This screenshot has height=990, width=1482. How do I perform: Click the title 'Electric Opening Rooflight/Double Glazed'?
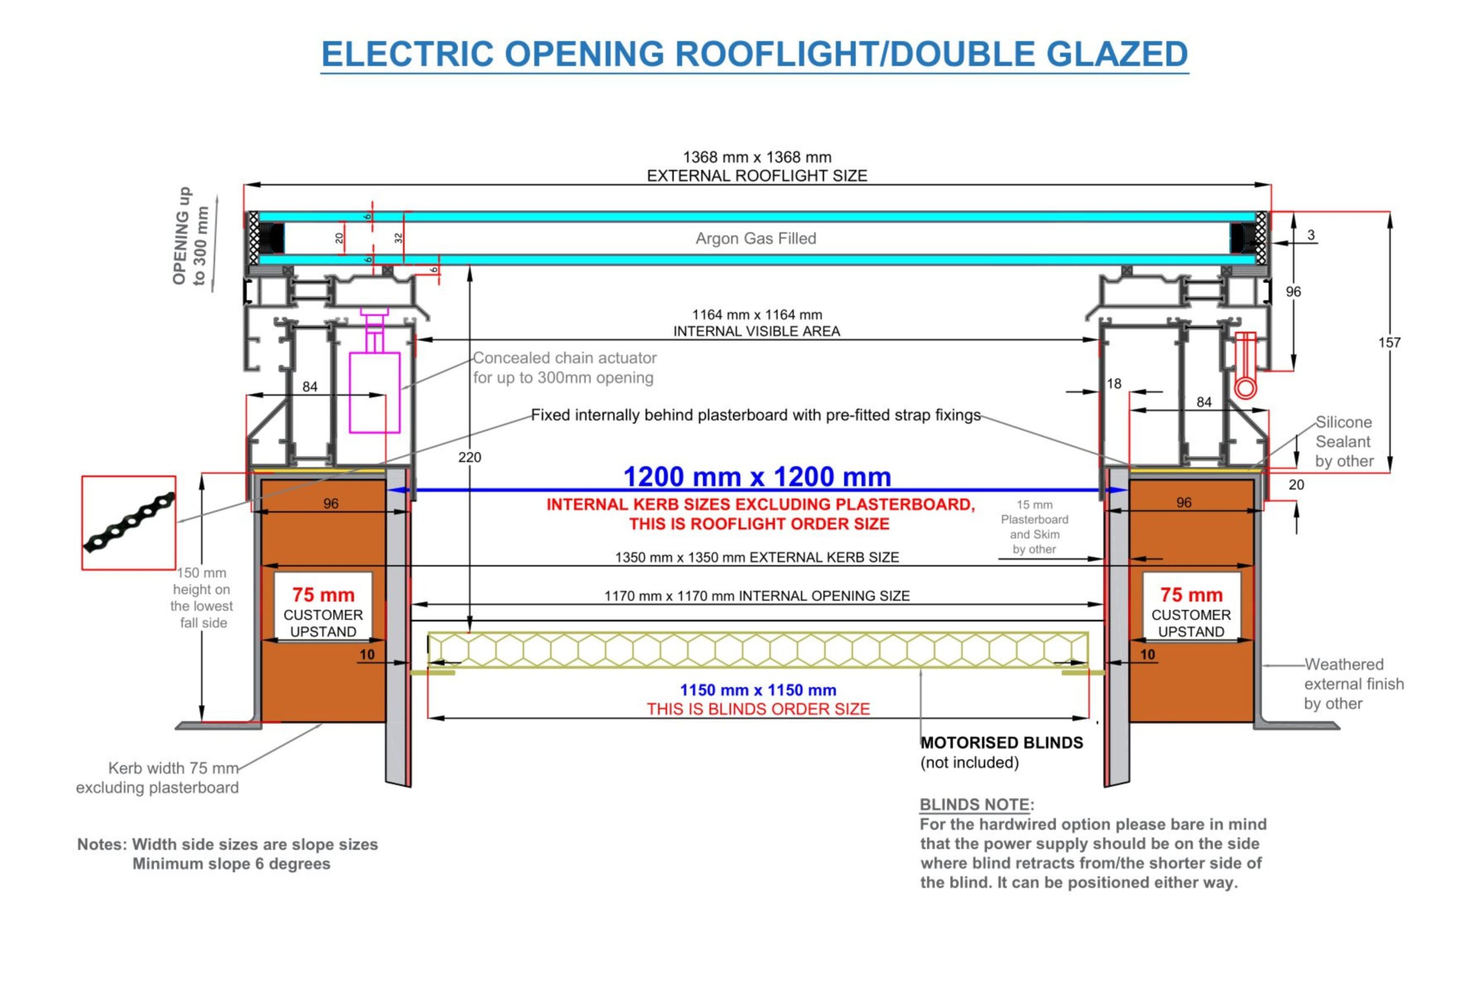(754, 54)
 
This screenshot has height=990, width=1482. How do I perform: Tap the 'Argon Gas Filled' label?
(755, 238)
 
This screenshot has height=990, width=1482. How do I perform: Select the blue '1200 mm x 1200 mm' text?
(757, 477)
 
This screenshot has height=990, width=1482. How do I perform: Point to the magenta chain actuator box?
(375, 392)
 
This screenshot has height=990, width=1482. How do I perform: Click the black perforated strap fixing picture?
(129, 523)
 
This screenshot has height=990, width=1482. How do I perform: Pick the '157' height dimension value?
(1389, 343)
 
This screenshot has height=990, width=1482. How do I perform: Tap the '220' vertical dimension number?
(469, 457)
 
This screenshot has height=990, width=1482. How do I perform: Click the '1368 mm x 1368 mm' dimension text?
(757, 157)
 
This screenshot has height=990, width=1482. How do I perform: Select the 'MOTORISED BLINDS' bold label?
(1002, 742)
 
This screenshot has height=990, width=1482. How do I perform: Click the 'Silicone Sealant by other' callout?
(1344, 441)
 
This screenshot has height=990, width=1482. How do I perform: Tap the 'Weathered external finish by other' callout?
(1353, 684)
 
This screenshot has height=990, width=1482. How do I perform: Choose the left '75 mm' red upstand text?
(323, 595)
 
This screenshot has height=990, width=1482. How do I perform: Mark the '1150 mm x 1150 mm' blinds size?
(758, 690)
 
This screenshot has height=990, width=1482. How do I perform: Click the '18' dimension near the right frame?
(1114, 384)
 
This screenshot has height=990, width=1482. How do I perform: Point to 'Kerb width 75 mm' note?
(173, 768)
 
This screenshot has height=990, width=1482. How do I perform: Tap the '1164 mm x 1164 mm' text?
(757, 314)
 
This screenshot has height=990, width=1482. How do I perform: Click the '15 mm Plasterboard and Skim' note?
(1034, 527)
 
